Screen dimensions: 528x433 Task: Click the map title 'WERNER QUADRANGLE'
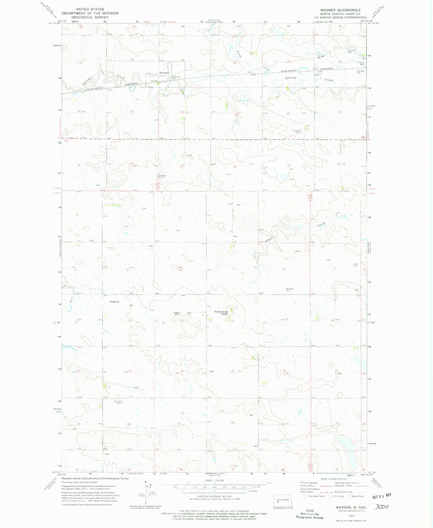pyautogui.click(x=340, y=10)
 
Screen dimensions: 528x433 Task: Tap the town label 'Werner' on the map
pyautogui.click(x=164, y=73)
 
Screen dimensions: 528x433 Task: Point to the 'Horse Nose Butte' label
pyautogui.click(x=221, y=313)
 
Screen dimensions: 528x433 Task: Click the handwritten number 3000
pyautogui.click(x=381, y=506)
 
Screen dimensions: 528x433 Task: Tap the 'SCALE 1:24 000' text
pyautogui.click(x=214, y=480)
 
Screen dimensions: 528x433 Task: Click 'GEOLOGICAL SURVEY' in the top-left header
pyautogui.click(x=90, y=17)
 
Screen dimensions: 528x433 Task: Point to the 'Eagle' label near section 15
pyautogui.click(x=176, y=313)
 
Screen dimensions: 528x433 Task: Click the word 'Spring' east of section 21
pyautogui.click(x=290, y=78)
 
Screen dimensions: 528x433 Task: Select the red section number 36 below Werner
pyautogui.click(x=132, y=164)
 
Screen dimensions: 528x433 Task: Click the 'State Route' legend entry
pyautogui.click(x=357, y=496)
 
